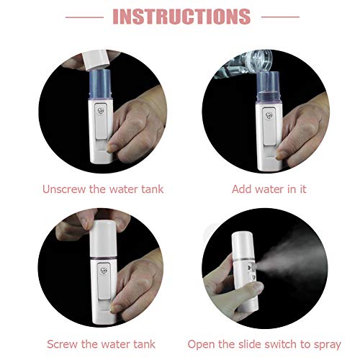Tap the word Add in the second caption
243,189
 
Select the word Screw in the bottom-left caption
63,344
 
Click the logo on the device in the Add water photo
268,114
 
